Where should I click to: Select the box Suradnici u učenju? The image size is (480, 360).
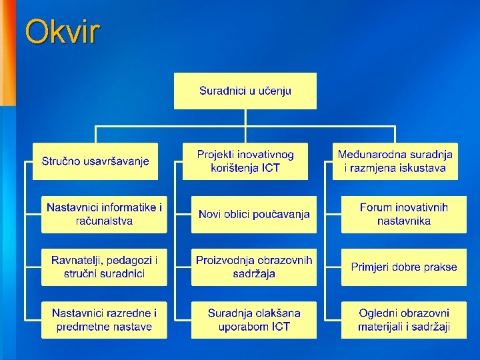point(245,91)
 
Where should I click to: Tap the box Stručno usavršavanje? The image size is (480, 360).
point(95,161)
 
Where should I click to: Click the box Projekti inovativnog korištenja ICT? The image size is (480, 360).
point(245,161)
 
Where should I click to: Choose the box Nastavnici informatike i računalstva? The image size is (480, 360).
point(104,214)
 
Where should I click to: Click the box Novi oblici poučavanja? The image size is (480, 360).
point(254,214)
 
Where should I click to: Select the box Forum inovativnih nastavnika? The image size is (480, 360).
point(404,214)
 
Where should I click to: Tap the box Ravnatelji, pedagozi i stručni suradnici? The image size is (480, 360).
point(104,267)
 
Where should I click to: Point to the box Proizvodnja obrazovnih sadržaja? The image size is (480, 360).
point(254,267)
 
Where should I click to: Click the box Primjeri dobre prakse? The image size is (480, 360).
point(404,267)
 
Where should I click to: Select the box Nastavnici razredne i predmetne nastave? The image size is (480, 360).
point(104,319)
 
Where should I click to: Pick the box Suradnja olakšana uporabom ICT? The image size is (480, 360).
point(254,319)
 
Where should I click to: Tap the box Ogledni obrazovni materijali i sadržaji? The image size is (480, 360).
point(404,319)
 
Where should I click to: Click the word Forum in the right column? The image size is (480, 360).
point(375,208)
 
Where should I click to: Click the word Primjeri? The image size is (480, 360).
point(370,267)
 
